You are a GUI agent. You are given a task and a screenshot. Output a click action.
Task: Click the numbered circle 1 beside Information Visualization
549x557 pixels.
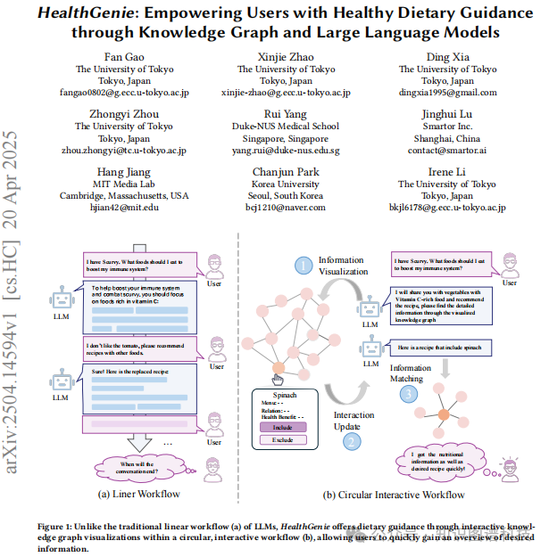click(304, 264)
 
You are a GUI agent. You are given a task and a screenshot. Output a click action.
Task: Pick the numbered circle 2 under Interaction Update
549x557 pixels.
click(353, 439)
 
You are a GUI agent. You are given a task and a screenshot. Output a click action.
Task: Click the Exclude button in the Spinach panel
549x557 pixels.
click(282, 440)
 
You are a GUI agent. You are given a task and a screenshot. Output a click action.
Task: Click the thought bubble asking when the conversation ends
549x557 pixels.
click(138, 465)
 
